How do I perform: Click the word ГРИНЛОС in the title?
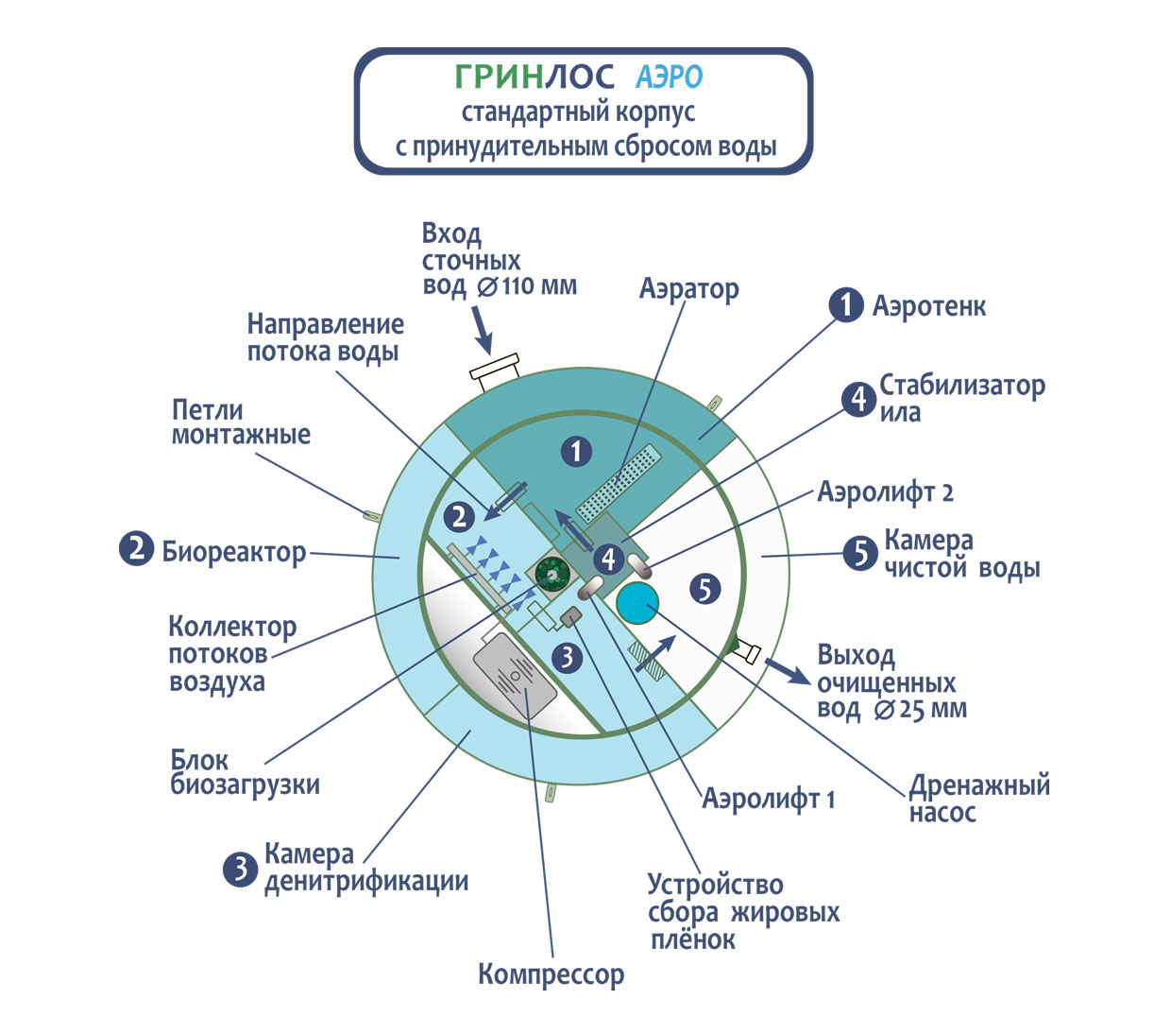tap(534, 77)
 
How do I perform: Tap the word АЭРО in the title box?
tap(669, 78)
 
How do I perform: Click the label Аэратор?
tap(688, 288)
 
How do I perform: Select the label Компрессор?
tap(551, 974)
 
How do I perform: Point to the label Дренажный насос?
tap(978, 799)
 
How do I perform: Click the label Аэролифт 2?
tap(885, 492)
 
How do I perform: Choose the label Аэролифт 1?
tap(768, 800)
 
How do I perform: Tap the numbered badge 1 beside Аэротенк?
tap(846, 304)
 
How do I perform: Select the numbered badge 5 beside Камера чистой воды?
tap(860, 553)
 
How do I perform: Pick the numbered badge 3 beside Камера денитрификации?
tap(240, 868)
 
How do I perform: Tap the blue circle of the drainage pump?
tap(638, 602)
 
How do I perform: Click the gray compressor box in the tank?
tap(515, 676)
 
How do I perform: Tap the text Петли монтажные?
tap(241, 422)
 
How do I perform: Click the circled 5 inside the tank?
tap(704, 589)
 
